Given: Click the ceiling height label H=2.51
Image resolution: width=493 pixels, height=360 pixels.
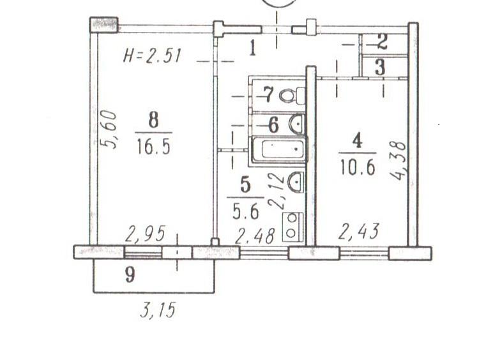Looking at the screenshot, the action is [x=152, y=57].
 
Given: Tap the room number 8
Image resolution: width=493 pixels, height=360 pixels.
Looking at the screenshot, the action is [x=153, y=120].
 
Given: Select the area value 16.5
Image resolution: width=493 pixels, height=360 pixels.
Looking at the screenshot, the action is [x=154, y=147].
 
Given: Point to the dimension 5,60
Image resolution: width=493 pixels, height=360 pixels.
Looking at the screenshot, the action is [x=108, y=130].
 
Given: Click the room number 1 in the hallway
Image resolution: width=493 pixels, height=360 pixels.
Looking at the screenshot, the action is [x=252, y=49].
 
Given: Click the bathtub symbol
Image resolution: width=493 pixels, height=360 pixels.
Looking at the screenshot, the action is [x=278, y=149].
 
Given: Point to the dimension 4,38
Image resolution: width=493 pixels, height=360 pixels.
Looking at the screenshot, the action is [x=398, y=161].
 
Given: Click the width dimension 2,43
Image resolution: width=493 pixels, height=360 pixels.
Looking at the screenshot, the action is [x=359, y=232].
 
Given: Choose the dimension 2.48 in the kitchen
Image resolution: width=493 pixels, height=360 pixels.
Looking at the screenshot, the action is [x=255, y=236].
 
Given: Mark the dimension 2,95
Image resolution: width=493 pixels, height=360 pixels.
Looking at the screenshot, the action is [x=145, y=234].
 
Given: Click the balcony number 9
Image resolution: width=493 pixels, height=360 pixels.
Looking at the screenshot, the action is [x=130, y=274].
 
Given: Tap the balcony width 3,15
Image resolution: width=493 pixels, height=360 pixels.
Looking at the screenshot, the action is [x=157, y=310].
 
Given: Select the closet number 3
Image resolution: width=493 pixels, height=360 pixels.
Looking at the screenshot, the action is [x=380, y=68].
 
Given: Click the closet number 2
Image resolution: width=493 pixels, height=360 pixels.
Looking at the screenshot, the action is [x=382, y=42].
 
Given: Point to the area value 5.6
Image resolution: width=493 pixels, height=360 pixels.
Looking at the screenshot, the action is [x=246, y=211].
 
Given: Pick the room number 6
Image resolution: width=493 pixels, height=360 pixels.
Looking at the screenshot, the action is [x=273, y=125].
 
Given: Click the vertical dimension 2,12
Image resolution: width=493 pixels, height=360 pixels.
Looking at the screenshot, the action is [x=277, y=191].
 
